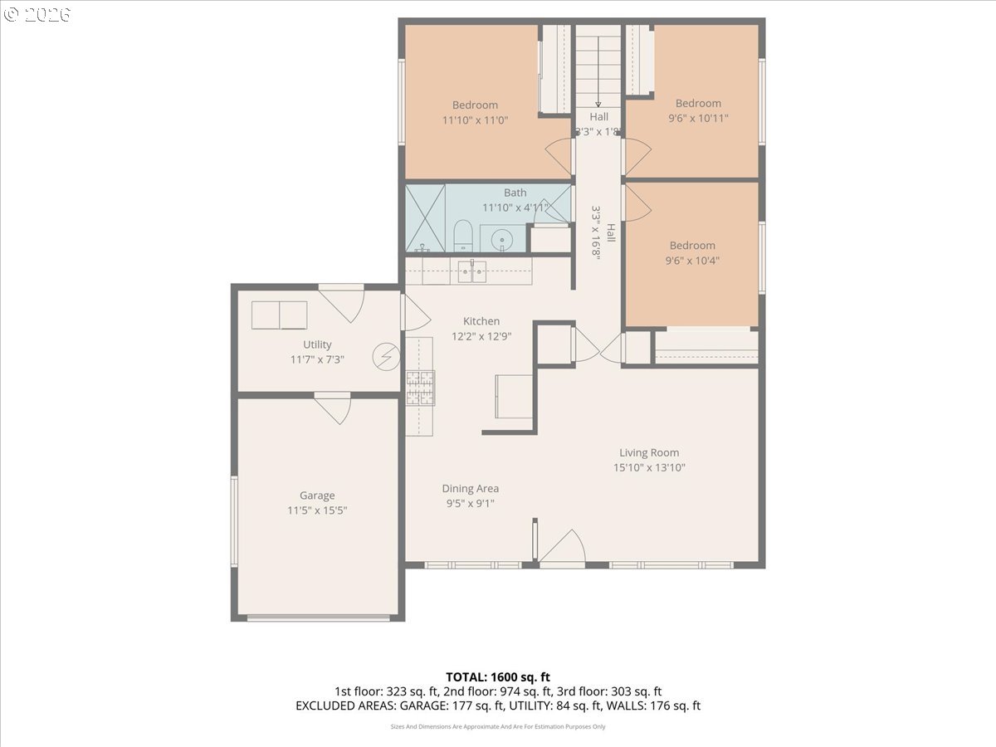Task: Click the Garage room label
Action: [317, 496]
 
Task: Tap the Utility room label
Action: [317, 344]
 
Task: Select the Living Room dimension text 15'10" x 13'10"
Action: [649, 467]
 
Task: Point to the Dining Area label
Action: [470, 488]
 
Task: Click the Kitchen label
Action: [481, 321]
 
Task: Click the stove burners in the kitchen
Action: [420, 388]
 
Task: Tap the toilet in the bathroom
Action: [463, 236]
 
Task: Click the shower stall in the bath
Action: [425, 218]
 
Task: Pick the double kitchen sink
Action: [472, 271]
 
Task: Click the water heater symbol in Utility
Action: [384, 357]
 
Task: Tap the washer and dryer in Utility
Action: [279, 315]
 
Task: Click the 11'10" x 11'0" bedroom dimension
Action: [475, 120]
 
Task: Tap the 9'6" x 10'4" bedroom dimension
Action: [692, 260]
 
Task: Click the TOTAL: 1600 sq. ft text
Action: [497, 677]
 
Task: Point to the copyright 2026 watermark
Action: [37, 14]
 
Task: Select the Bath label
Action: [515, 193]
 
